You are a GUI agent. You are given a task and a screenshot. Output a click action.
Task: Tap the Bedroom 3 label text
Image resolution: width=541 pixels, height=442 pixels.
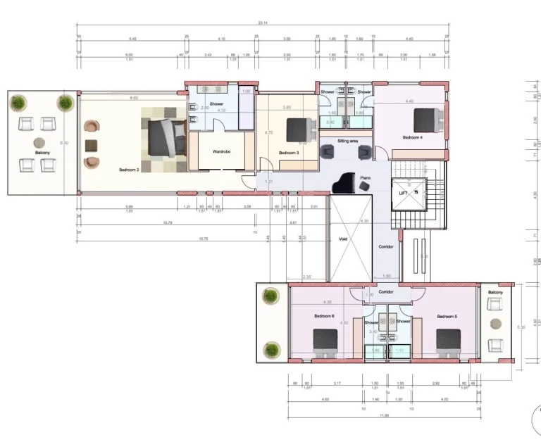click(x=289, y=153)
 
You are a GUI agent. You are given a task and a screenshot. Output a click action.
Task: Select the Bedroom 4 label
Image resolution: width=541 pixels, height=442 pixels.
click(x=412, y=137)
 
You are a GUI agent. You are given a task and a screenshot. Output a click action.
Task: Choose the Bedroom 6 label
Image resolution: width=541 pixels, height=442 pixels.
click(x=324, y=316)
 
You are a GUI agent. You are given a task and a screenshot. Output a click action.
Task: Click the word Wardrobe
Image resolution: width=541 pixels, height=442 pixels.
click(x=223, y=151)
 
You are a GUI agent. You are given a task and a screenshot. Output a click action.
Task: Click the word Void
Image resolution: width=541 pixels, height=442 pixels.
click(x=343, y=239)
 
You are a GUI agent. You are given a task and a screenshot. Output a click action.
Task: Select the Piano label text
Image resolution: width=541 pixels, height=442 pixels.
click(x=365, y=179)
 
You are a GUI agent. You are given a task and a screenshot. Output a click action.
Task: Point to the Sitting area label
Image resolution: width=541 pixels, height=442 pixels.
click(x=348, y=141)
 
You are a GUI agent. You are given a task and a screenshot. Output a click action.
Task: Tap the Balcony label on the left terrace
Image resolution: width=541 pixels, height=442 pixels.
click(x=42, y=152)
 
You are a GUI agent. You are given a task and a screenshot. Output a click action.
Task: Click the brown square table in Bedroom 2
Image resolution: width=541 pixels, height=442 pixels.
click(x=90, y=146)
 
